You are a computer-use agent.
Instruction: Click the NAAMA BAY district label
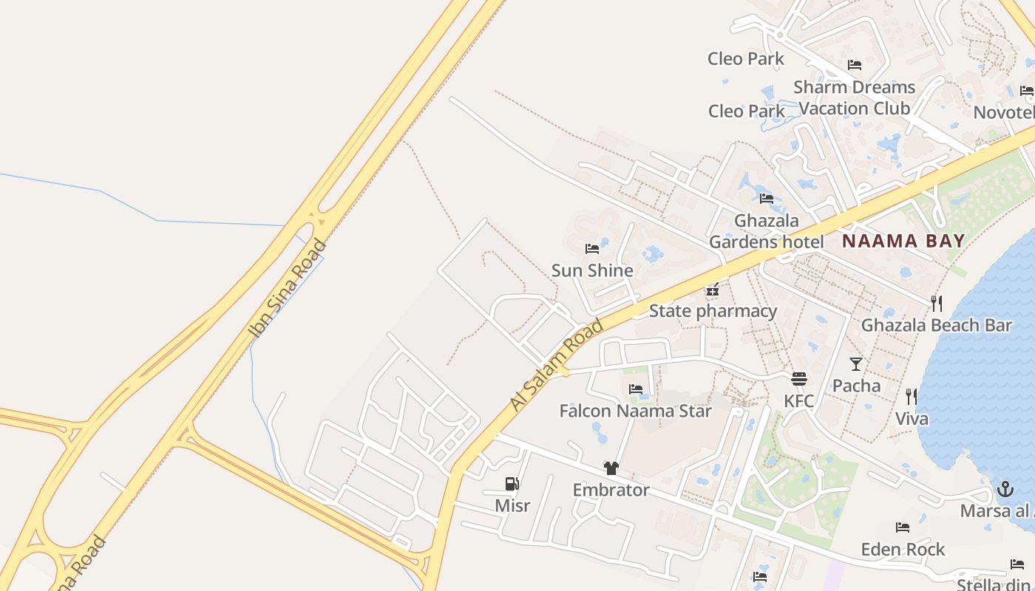(x=903, y=241)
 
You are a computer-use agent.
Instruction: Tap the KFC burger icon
(x=799, y=379)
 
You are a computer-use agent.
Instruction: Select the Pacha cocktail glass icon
(x=856, y=363)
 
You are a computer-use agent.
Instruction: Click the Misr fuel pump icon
(x=512, y=484)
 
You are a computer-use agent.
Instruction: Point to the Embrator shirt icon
(x=611, y=468)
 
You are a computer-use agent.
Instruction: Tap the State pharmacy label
(x=713, y=311)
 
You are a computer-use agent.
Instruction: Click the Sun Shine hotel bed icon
(x=591, y=249)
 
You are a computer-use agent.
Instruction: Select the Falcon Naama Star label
(x=635, y=411)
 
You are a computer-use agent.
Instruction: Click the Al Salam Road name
(x=557, y=366)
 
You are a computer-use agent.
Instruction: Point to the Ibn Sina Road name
(x=288, y=288)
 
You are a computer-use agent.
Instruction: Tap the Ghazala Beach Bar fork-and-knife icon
(x=936, y=303)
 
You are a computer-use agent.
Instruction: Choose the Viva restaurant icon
(x=912, y=397)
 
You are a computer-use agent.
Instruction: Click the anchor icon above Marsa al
(x=1005, y=488)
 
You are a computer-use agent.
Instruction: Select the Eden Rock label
(x=903, y=550)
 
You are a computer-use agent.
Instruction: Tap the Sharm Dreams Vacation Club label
(x=854, y=98)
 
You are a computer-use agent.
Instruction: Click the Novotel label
(x=1003, y=112)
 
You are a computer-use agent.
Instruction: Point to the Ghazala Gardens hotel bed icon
(x=767, y=198)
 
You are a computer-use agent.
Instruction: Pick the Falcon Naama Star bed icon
(x=635, y=389)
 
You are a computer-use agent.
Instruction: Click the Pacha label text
(x=856, y=386)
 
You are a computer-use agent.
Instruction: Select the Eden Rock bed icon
(x=903, y=527)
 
